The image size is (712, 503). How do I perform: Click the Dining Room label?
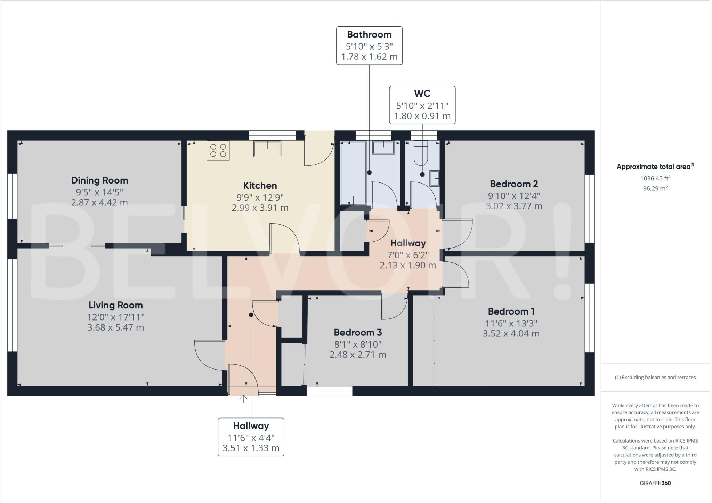coord(99,180)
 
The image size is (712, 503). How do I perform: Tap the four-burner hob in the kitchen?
coord(218,150)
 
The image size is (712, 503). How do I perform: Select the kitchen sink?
coord(267,149)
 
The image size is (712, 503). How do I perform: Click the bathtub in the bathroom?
coord(353,173)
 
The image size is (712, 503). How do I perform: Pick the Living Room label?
coord(116,305)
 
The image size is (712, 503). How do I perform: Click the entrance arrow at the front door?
coord(243,399)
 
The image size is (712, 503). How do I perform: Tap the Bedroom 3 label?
coord(358,332)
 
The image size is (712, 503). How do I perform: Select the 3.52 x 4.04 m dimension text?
coord(511,334)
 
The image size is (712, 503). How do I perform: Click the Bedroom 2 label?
coord(514,184)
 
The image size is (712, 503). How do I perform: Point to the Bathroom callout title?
coord(369,34)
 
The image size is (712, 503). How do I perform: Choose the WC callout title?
coord(422,94)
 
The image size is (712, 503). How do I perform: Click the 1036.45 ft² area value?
coord(655,178)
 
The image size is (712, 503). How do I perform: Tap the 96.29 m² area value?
coord(655,188)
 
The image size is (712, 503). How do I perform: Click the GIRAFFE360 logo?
coord(655,483)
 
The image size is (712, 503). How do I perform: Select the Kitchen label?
coord(260,185)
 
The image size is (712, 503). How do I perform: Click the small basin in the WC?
coord(435,179)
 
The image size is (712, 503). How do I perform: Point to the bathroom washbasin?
coord(383,147)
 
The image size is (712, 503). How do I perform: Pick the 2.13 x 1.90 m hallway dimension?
coord(408,266)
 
